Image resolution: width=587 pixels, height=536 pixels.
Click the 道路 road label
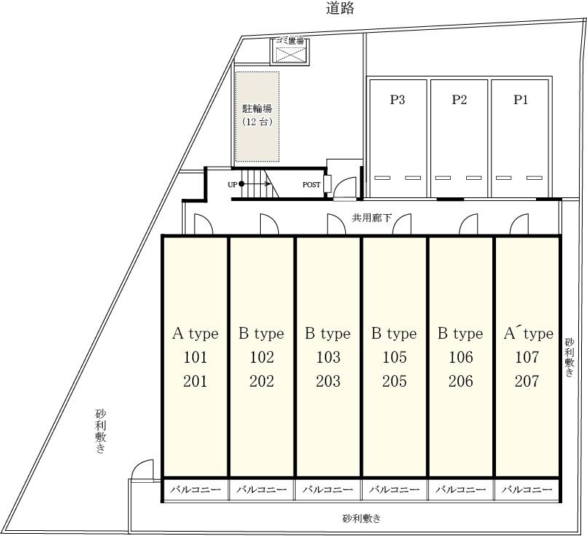pos(339,8)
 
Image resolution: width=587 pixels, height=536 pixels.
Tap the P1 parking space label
pos(521,100)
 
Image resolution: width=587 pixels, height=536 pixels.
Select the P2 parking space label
pos(459,100)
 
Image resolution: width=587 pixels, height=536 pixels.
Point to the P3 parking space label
pos(397,100)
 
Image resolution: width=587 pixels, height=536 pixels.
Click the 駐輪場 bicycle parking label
pos(257,109)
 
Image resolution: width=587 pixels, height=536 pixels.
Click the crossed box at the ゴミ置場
pos(291,55)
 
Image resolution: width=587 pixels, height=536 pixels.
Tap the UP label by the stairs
pos(232,184)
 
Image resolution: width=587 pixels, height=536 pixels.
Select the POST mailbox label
pos(312,184)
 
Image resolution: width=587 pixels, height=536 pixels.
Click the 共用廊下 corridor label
pos(371,218)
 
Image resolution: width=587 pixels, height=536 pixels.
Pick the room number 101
pos(195,358)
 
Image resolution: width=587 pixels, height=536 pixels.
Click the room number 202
pos(261,382)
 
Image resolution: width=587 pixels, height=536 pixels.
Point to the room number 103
pos(328,358)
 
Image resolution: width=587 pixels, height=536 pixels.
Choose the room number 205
pos(394,382)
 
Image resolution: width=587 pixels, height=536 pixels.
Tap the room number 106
pos(460,358)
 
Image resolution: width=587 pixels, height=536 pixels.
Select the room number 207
pos(527,382)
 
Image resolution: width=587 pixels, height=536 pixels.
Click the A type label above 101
pos(195,334)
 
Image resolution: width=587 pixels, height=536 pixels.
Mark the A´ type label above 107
pos(528,333)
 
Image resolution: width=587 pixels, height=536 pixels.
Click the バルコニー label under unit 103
pos(328,489)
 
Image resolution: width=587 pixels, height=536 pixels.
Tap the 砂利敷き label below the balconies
pos(362,519)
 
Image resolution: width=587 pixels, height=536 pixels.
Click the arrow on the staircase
pos(256,184)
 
